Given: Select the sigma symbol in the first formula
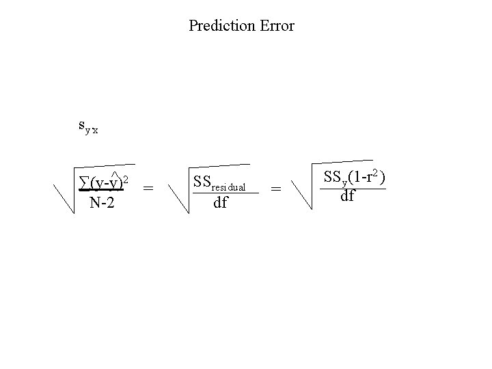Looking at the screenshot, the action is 83,184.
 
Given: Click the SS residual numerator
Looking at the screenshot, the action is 219,183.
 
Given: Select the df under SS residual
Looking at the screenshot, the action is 220,203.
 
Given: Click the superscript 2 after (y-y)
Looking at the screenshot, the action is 126,179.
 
